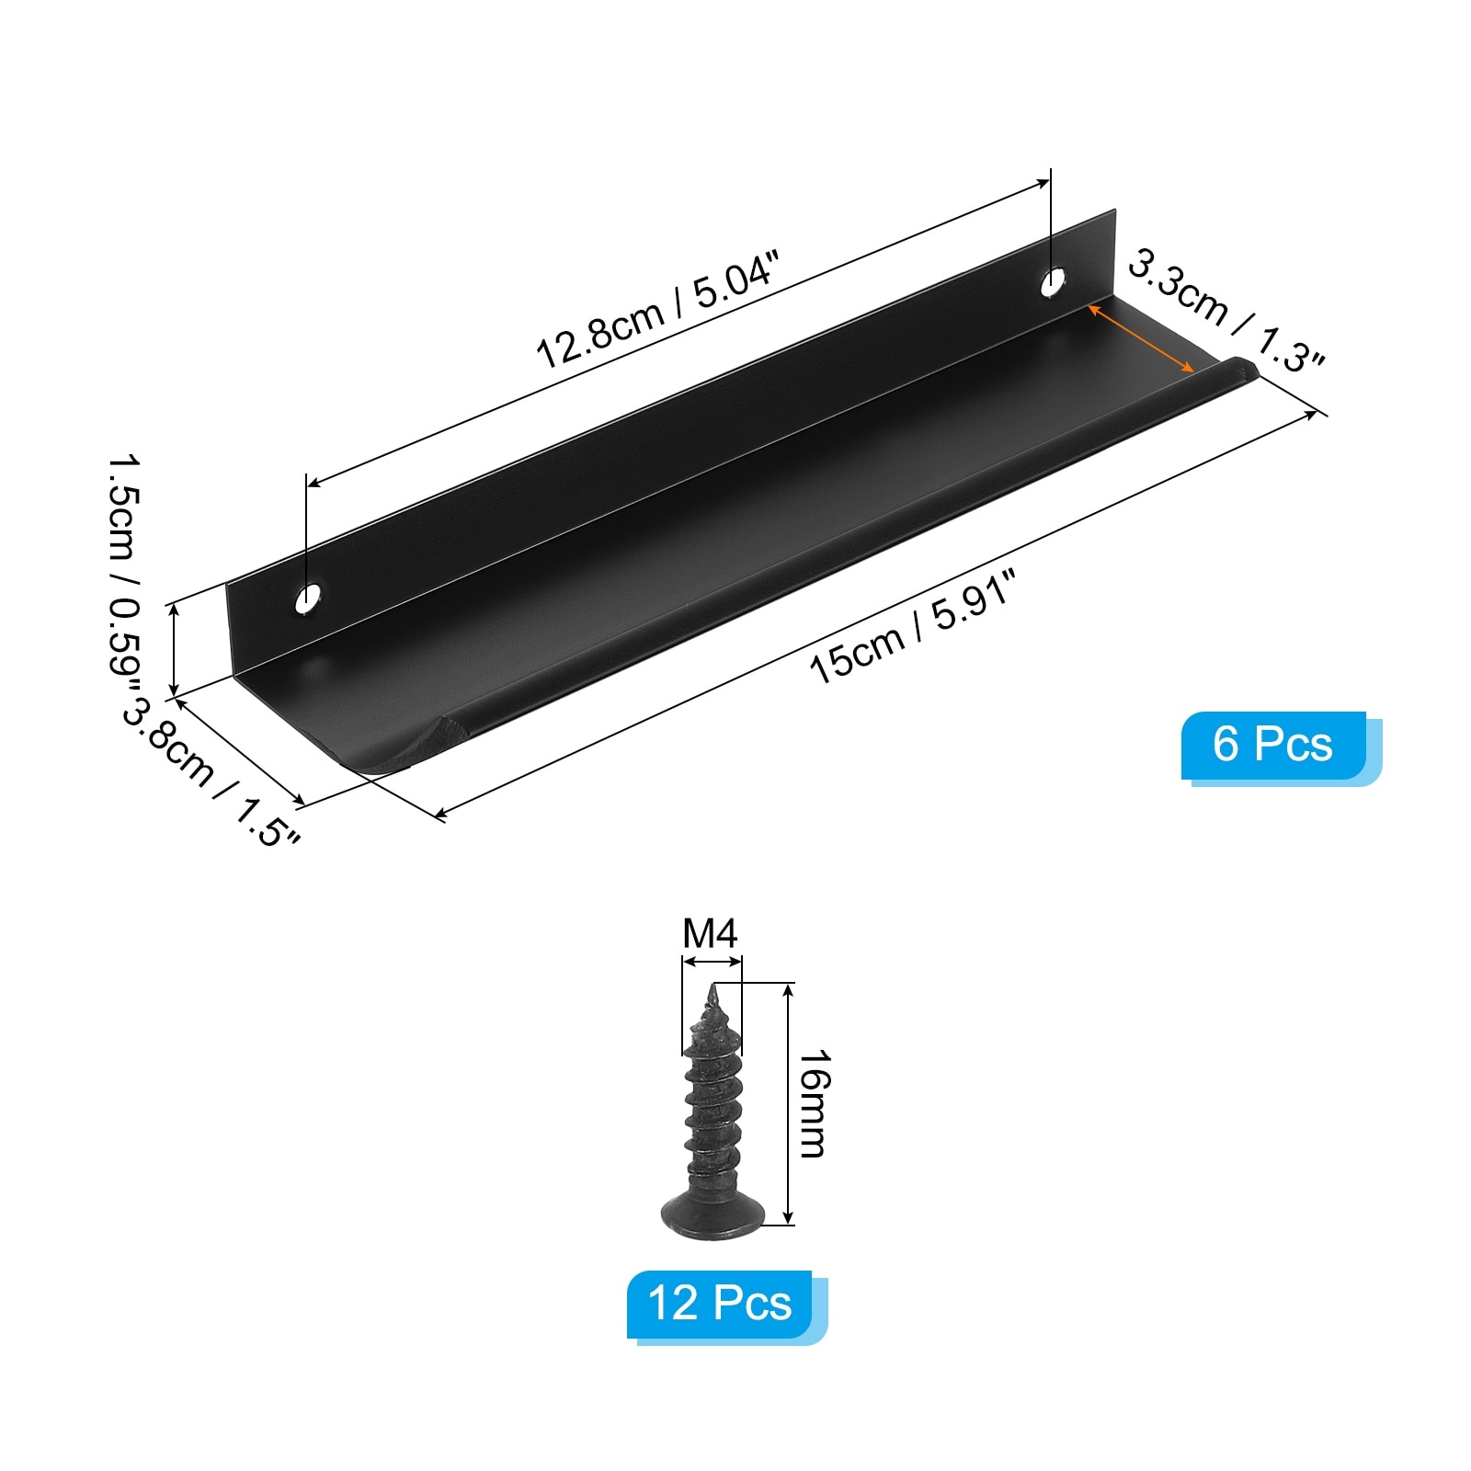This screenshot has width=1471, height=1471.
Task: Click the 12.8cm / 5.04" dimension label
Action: (x=657, y=310)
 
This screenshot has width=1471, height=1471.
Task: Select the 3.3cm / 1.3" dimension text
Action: (x=1226, y=312)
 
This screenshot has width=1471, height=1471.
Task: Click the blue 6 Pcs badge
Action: (x=1281, y=747)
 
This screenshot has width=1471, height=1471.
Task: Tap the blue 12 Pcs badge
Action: (x=726, y=1306)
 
